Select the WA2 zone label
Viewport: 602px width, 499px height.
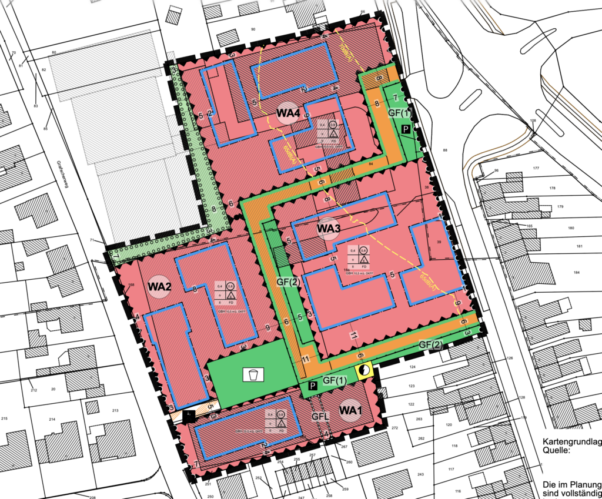[159, 287]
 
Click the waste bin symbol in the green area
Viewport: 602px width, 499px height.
[253, 374]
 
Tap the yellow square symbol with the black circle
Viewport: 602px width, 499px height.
[364, 370]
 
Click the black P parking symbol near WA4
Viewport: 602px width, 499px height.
[406, 128]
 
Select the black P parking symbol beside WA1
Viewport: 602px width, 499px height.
[313, 386]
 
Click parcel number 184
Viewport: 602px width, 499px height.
[577, 272]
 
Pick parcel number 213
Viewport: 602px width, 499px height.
[115, 410]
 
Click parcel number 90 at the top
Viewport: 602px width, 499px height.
[253, 29]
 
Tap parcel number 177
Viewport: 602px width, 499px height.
[535, 169]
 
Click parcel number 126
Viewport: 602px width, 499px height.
[510, 358]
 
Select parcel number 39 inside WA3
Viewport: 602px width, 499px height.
[438, 242]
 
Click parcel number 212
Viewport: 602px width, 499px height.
[34, 390]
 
